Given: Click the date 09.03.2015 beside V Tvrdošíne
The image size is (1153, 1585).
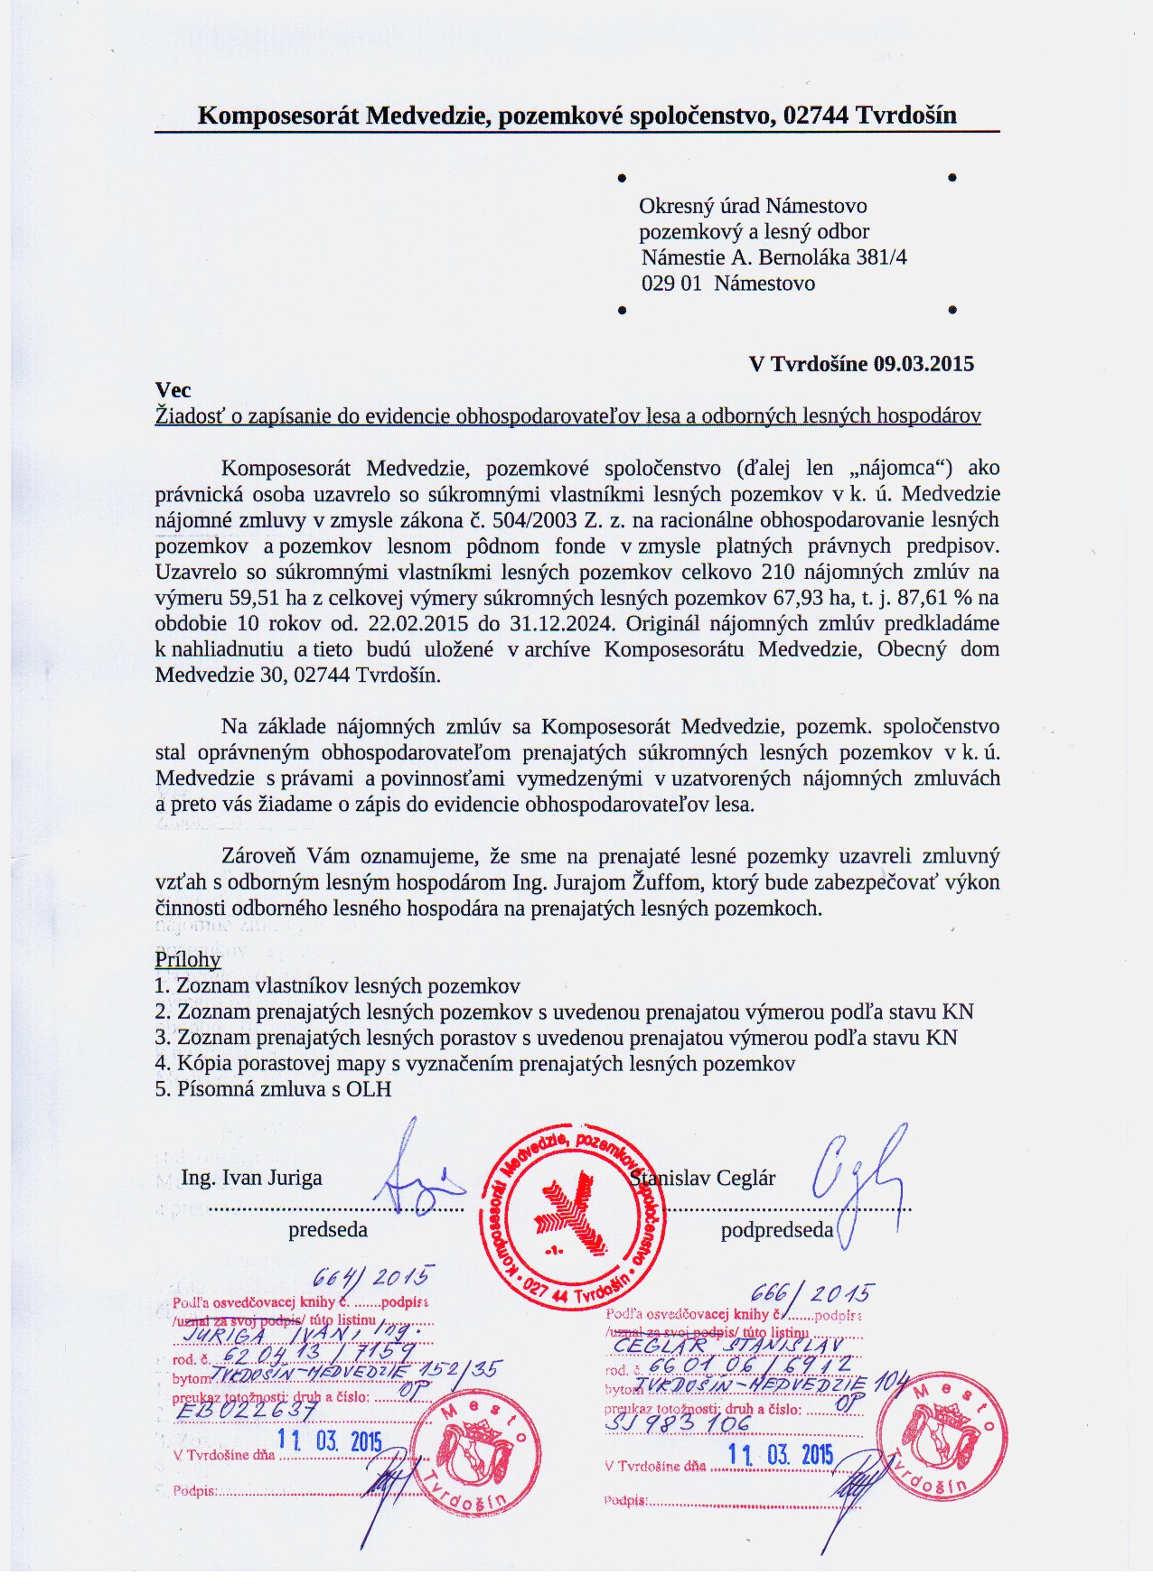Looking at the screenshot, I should pos(923,364).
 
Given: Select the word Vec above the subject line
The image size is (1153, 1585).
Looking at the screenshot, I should pos(173,389).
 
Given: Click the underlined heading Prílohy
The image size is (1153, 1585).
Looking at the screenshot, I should pos(188,959).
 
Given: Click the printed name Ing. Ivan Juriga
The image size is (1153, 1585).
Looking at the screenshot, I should pos(251,1178).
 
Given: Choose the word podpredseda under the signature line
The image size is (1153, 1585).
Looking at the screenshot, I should pos(776,1230).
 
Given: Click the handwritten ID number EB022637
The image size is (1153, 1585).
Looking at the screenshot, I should pos(247,1411).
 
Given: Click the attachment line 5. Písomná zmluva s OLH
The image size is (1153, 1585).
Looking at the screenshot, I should pos(273,1089).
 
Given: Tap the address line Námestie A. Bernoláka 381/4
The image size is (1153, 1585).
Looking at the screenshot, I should pos(774,257).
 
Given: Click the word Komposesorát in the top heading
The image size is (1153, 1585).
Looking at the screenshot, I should pos(277,116).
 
